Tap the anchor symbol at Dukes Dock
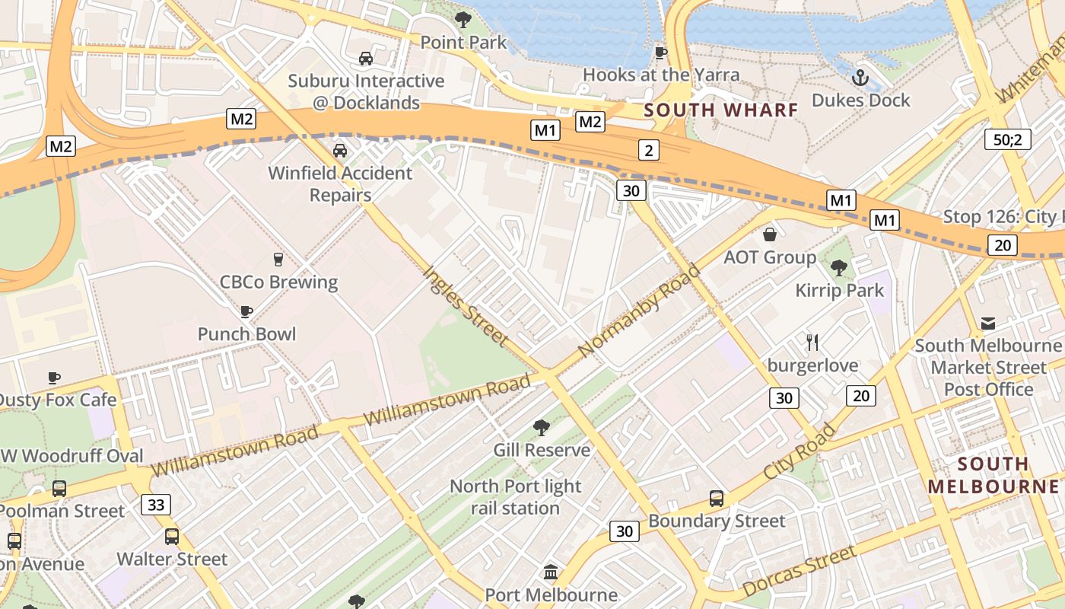(860, 78)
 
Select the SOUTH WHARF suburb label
(721, 110)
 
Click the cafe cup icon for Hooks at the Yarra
(660, 53)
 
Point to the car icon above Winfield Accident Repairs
(340, 151)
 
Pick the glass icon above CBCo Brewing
(278, 260)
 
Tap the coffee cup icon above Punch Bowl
(246, 311)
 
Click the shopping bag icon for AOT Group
(770, 234)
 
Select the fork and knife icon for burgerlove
(812, 343)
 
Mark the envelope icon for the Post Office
(988, 324)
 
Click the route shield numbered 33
(156, 505)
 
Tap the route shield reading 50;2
(1007, 139)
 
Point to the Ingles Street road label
(466, 304)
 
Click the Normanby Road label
(639, 310)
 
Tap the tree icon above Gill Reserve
(541, 428)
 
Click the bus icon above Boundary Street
(716, 499)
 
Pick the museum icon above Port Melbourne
(551, 572)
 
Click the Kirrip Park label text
(840, 290)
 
